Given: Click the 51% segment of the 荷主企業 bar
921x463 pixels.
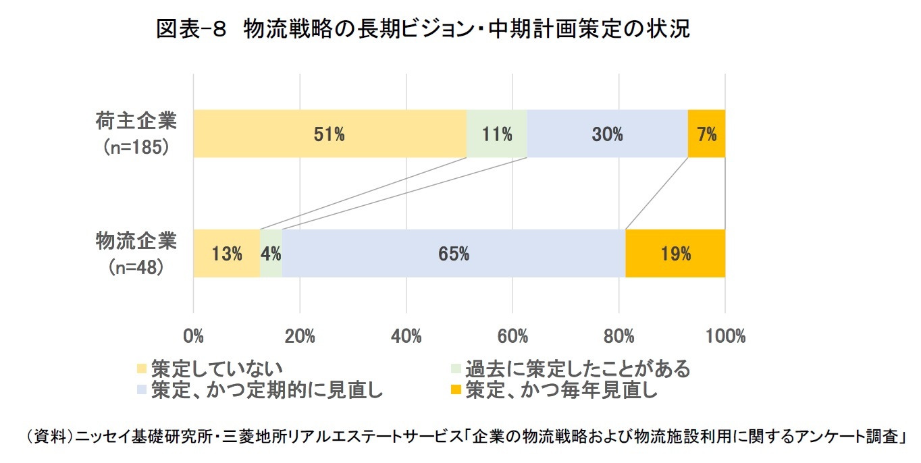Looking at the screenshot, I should pyautogui.click(x=330, y=134).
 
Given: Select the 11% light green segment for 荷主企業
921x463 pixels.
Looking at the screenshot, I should pyautogui.click(x=496, y=134).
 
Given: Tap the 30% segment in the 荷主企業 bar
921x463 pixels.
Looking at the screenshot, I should pyautogui.click(x=607, y=134).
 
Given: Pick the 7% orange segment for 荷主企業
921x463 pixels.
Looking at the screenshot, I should pyautogui.click(x=706, y=134).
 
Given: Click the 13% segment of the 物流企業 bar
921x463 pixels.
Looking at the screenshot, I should pyautogui.click(x=227, y=254).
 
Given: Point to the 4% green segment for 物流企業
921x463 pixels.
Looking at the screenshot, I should pyautogui.click(x=271, y=254).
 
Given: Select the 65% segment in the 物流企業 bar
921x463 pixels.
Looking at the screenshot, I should pyautogui.click(x=454, y=254).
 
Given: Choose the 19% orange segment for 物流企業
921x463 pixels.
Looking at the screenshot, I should pyautogui.click(x=675, y=254).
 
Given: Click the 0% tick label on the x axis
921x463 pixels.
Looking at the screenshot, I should pyautogui.click(x=194, y=336).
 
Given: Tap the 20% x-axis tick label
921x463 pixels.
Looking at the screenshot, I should pyautogui.click(x=300, y=336).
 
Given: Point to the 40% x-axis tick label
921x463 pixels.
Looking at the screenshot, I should pyautogui.click(x=406, y=336).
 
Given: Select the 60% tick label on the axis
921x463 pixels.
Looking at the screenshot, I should pyautogui.click(x=512, y=336).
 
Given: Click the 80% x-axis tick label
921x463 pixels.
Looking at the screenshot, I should pyautogui.click(x=619, y=336).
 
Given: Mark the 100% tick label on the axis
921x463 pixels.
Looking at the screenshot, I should pyautogui.click(x=725, y=336).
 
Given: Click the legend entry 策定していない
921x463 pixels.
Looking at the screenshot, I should pyautogui.click(x=209, y=369).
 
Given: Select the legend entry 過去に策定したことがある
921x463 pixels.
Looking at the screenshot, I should pyautogui.click(x=571, y=369).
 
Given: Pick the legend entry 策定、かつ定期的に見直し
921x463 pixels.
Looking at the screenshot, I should pyautogui.click(x=260, y=389).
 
